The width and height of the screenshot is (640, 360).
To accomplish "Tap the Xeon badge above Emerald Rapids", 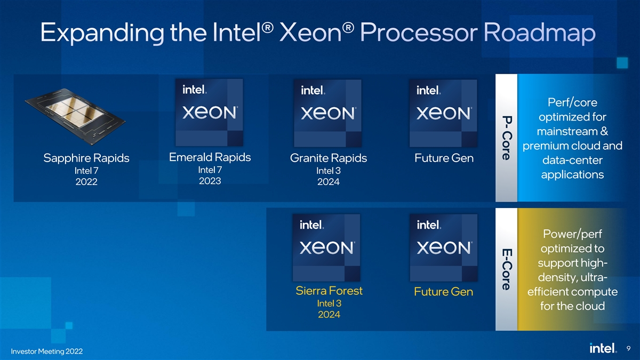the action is tap(209, 113).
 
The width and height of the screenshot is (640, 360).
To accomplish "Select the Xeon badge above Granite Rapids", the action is tap(327, 114).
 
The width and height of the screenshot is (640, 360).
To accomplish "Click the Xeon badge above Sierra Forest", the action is tap(326, 247).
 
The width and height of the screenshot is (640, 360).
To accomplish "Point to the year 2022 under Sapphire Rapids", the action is tap(86, 182).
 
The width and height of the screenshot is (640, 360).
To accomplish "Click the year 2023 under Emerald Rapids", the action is tap(210, 181).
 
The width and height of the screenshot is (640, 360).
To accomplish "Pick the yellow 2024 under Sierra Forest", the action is tap(329, 315).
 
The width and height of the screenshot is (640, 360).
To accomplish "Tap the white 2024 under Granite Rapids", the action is tap(329, 182).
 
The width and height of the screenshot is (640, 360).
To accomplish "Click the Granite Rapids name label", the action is tap(329, 158).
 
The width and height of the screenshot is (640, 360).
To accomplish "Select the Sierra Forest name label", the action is tap(329, 291).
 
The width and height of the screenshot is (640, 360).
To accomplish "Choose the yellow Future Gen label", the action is tap(444, 292).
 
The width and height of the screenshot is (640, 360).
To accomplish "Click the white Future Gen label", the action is tap(444, 158).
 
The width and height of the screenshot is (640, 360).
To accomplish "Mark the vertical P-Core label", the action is tap(507, 138).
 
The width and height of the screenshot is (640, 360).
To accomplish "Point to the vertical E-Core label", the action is tap(507, 269).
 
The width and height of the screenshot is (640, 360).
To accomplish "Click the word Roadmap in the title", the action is tap(539, 33).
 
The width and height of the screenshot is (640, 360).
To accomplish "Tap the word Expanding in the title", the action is tap(102, 34).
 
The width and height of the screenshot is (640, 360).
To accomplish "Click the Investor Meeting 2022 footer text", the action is tap(47, 351).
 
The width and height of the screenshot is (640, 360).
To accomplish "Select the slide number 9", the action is tap(628, 348).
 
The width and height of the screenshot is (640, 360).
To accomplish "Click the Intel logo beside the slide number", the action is tap(603, 348).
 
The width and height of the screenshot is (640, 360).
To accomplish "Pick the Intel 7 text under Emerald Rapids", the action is tap(210, 170).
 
